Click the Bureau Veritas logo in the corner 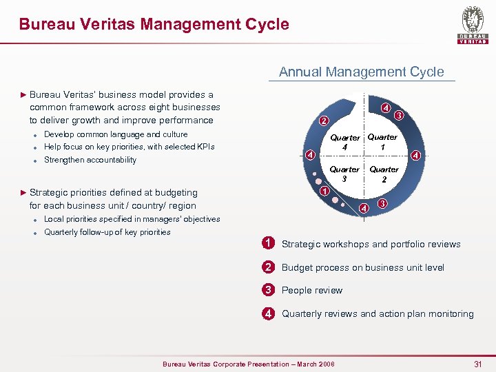[473, 25]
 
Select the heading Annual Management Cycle [361, 72]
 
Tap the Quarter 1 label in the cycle [382, 141]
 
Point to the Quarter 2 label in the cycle [384, 174]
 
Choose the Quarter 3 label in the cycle [344, 174]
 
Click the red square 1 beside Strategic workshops [268, 242]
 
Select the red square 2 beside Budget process [268, 267]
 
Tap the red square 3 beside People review [268, 290]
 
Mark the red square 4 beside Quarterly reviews [268, 313]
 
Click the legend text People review [312, 291]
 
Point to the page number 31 [479, 362]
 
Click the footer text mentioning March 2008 [248, 364]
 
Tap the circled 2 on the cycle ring [323, 122]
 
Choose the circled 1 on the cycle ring [324, 191]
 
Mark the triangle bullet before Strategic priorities [23, 192]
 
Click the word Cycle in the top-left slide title [266, 25]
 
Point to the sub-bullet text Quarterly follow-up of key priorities [107, 232]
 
